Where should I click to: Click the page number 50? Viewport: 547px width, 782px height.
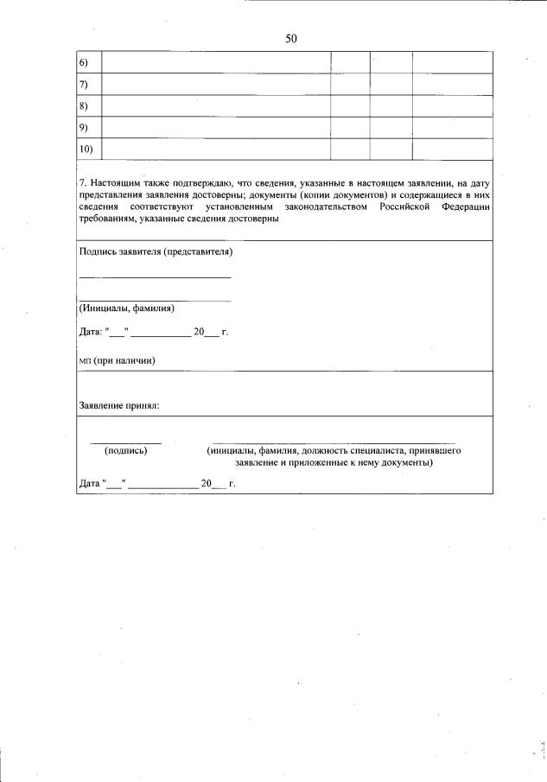click(290, 38)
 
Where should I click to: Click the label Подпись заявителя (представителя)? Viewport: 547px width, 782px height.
click(156, 252)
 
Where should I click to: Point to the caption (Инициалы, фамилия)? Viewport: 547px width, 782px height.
click(127, 308)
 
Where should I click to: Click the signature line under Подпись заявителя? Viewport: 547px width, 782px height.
click(156, 277)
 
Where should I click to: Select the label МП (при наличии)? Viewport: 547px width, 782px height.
click(117, 360)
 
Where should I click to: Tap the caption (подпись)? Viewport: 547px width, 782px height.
click(126, 450)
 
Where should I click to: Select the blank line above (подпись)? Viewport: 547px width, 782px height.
click(126, 442)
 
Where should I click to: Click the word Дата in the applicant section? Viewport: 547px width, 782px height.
click(90, 332)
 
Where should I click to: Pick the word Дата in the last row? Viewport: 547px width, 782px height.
click(90, 484)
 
